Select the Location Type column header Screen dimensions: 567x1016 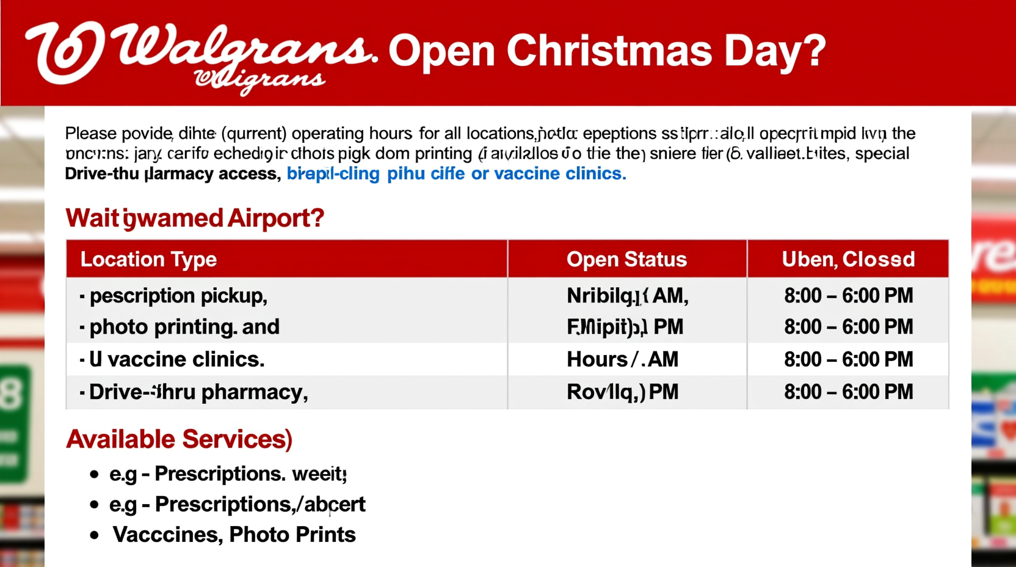pos(148,259)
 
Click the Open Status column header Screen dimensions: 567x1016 pos(626,259)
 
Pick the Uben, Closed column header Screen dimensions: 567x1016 pos(848,259)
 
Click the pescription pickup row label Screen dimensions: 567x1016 pos(178,296)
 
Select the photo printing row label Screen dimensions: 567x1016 pos(184,327)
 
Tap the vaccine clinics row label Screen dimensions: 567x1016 pos(176,359)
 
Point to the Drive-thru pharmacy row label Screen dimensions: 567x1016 pos(198,392)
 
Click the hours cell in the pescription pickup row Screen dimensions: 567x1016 pos(848,296)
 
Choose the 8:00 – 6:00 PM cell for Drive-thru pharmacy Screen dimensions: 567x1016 pos(848,392)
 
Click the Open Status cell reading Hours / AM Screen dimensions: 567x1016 pos(622,359)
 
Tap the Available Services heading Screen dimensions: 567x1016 pos(179,439)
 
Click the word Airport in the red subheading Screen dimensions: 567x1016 pos(275,218)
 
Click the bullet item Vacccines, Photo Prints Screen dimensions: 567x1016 pos(234,535)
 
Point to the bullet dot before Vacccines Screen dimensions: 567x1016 pos(94,535)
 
